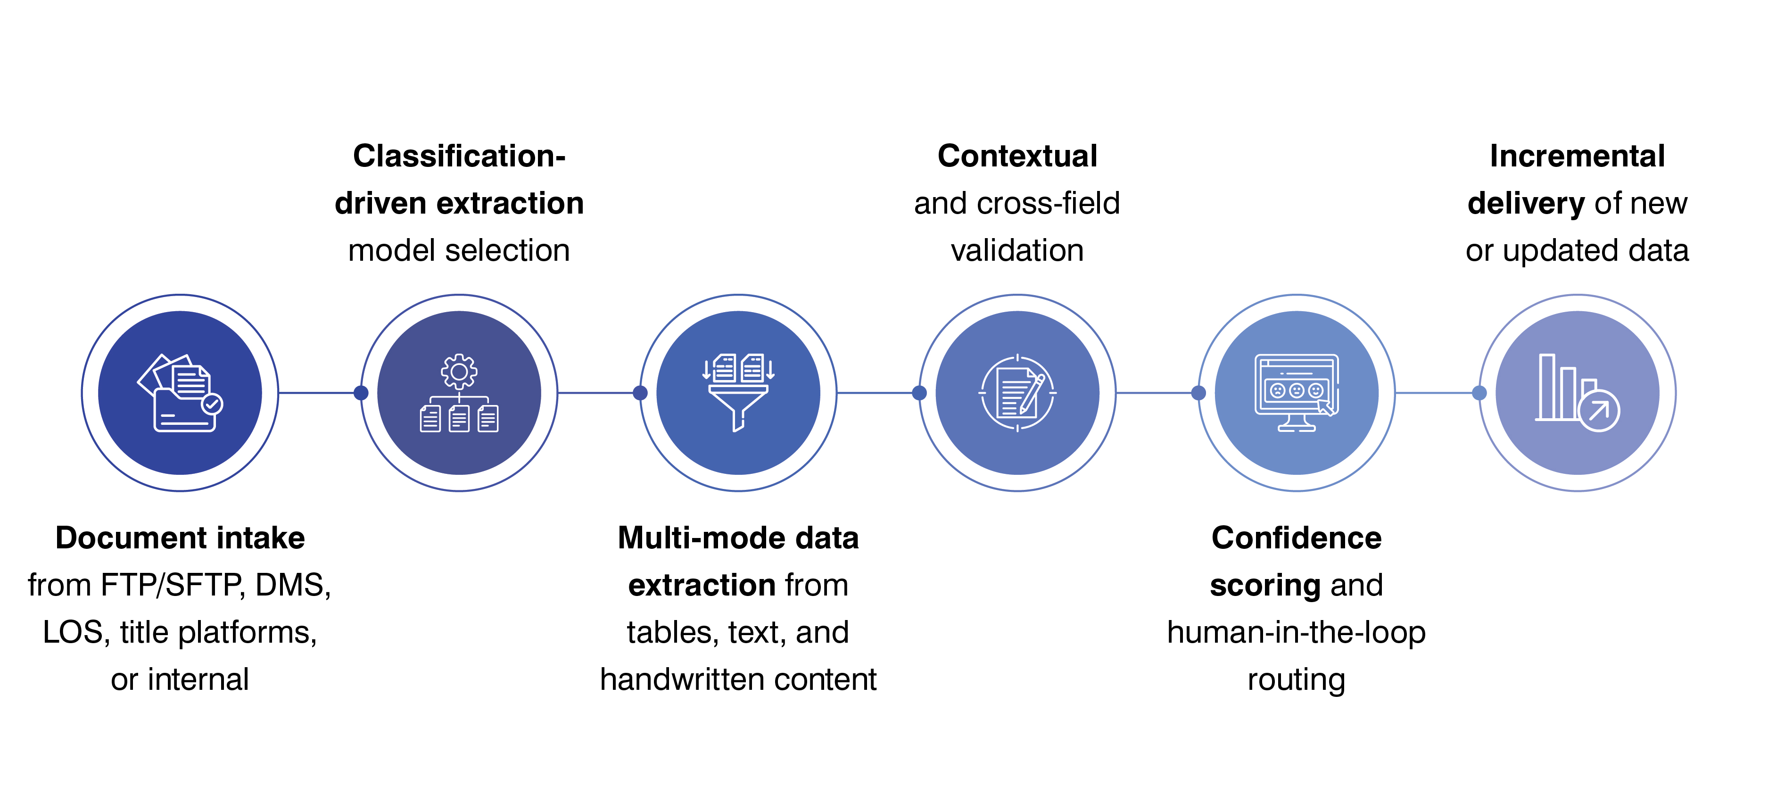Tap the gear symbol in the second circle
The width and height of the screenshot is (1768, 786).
click(459, 372)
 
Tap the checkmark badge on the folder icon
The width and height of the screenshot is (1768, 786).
click(212, 405)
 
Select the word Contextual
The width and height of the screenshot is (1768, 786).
click(1017, 157)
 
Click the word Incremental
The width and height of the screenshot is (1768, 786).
click(1577, 157)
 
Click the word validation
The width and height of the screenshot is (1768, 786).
click(1017, 250)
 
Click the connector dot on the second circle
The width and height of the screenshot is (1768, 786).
click(361, 393)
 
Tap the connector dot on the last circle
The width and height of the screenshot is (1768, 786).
click(1480, 393)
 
